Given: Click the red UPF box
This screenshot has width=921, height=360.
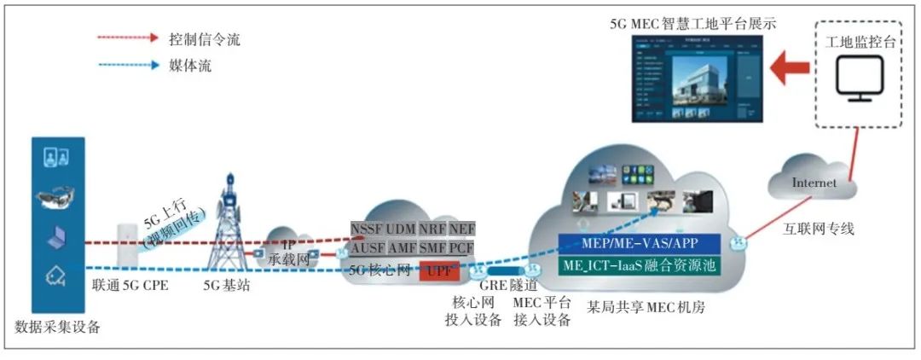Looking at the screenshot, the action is pos(438,272).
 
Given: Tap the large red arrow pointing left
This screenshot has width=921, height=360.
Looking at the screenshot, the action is pos(790,69).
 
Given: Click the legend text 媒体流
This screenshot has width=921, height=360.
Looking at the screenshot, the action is pos(188,66).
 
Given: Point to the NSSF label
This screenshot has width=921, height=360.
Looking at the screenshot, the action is pos(366,229).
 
